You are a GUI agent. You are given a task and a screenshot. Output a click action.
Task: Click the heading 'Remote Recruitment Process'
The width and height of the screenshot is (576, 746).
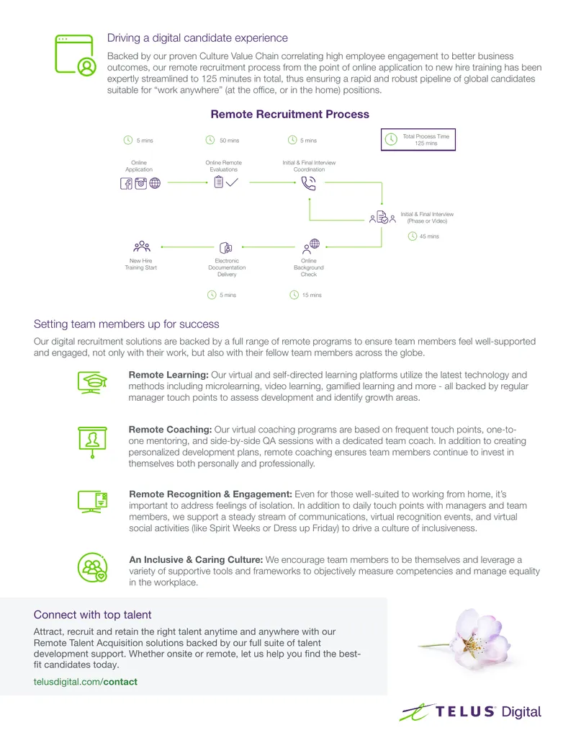289,114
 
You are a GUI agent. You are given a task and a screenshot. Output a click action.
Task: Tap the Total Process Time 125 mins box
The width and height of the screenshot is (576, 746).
418,139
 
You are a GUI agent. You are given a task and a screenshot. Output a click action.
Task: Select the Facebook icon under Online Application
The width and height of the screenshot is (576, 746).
126,183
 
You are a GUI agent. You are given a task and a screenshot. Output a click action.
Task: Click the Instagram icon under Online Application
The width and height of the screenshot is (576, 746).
140,183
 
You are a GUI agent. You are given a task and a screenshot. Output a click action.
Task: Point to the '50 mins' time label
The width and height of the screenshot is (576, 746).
229,141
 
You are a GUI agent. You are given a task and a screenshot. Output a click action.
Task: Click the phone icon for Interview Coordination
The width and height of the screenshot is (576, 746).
308,183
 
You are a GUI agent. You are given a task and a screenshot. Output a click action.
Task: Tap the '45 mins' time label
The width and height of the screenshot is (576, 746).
428,236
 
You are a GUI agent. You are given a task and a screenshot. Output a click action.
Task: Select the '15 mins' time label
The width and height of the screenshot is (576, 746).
312,295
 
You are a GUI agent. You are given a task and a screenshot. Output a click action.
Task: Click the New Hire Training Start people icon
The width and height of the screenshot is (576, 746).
142,247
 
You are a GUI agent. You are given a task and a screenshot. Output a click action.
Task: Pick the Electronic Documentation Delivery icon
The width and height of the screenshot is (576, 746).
226,248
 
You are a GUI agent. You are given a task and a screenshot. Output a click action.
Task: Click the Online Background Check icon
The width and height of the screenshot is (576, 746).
311,247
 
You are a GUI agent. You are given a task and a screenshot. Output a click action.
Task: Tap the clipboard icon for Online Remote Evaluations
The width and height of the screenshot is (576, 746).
219,182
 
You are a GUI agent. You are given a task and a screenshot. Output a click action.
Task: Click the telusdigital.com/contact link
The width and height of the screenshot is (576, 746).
86,682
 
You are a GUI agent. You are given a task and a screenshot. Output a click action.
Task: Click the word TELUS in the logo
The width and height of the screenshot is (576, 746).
465,711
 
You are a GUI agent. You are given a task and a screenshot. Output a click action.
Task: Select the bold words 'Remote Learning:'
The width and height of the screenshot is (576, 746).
168,375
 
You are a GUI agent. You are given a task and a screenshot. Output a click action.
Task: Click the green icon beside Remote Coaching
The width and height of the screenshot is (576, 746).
92,442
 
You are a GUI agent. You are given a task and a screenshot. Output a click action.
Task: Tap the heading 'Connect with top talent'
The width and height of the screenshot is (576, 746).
92,615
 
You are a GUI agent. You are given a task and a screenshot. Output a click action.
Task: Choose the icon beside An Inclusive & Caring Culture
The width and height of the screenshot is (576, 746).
92,567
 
